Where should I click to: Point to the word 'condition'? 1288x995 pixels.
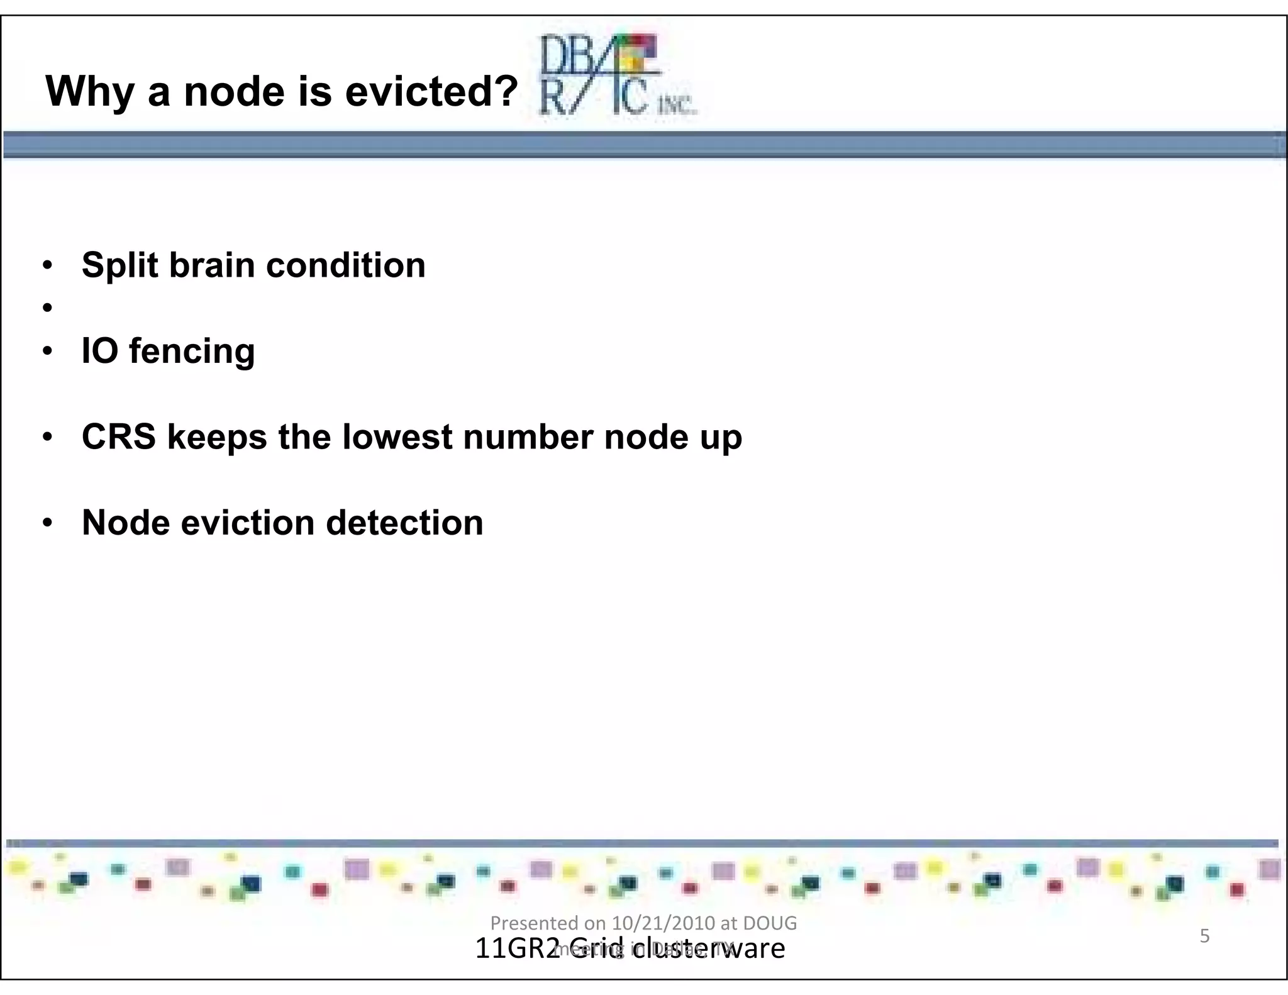coord(346,265)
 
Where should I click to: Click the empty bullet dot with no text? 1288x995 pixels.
coord(47,308)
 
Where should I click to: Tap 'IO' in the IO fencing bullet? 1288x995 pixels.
coord(99,351)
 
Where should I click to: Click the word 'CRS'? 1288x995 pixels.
coord(118,437)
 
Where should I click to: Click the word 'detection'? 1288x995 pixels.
coord(404,523)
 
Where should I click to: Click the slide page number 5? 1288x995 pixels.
coord(1204,936)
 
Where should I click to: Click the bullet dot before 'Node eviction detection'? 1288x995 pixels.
coord(47,523)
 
